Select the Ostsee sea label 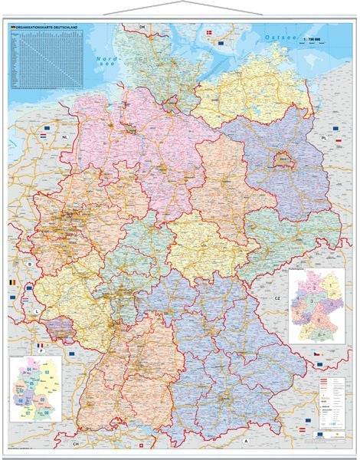click(273, 36)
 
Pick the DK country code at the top click(141, 28)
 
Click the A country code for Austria click(267, 442)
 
